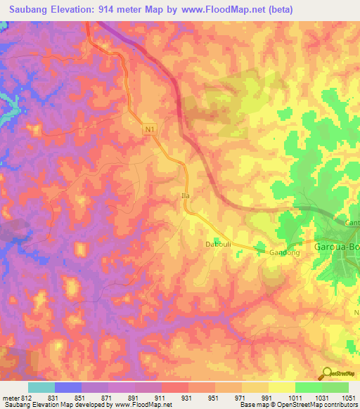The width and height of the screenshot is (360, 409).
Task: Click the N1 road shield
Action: (148, 130)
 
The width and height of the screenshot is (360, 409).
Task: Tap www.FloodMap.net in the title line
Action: (223, 10)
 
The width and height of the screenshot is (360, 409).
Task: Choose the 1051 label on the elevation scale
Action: (347, 397)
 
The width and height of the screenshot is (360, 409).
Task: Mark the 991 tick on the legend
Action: (268, 397)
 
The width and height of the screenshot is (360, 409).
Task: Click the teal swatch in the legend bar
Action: (41, 387)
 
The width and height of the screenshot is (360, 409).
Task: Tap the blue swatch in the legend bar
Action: (67, 387)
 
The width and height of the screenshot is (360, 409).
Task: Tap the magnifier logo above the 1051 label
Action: (328, 374)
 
